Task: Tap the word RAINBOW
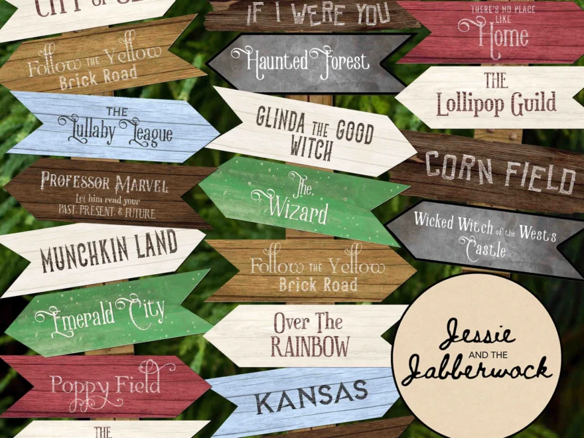310,346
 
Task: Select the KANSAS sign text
311,396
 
